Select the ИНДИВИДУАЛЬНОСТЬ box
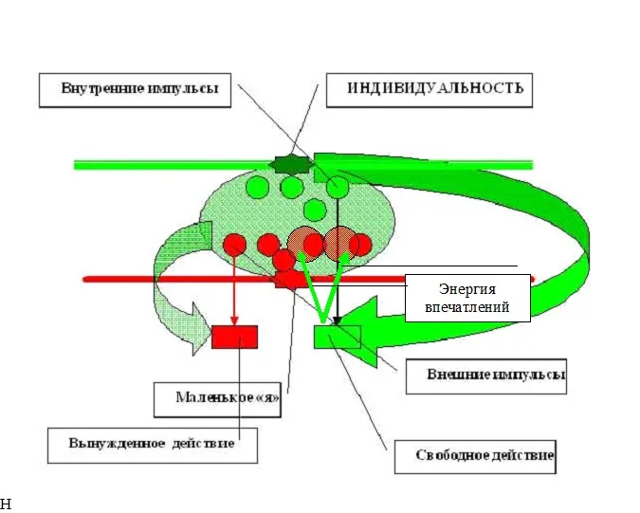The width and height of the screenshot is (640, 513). [428, 89]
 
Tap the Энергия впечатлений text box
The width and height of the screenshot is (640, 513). [467, 298]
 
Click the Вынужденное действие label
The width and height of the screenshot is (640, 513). [153, 443]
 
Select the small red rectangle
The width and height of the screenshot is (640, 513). [234, 337]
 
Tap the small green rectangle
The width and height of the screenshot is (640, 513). [338, 337]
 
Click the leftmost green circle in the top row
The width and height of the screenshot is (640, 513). [256, 188]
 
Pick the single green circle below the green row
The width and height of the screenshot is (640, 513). [315, 209]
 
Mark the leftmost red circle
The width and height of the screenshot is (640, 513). [235, 245]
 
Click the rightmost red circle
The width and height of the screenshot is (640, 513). [360, 245]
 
